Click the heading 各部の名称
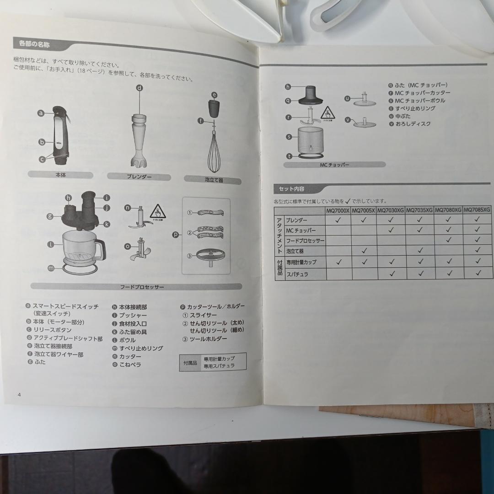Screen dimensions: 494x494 tap(34, 44)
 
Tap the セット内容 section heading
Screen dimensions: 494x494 tap(292, 188)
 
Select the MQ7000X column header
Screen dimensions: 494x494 tap(338, 210)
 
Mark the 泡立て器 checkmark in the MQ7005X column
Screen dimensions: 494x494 tap(364, 250)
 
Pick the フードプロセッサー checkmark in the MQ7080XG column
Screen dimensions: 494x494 tap(448, 240)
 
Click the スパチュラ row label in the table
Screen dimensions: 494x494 tap(297, 274)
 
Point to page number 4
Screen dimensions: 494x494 tap(19, 394)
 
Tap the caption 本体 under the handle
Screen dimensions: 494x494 tap(60, 175)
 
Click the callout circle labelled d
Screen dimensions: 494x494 tap(140, 88)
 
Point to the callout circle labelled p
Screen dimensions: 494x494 tap(176, 235)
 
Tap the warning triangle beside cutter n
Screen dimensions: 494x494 tap(157, 211)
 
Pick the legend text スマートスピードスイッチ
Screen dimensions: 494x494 tap(65, 306)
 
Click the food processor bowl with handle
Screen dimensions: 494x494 tap(82, 248)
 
